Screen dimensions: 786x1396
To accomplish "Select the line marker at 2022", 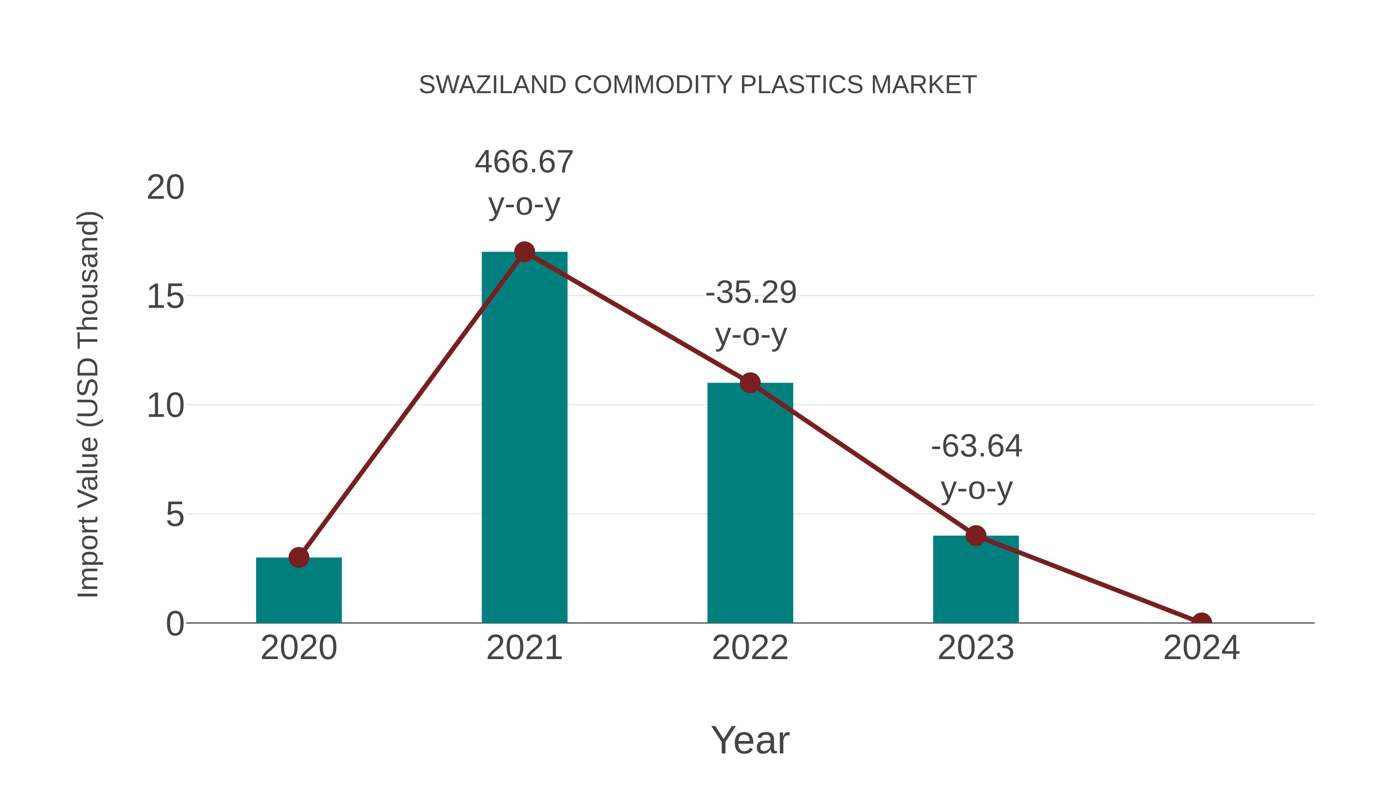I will pos(750,383).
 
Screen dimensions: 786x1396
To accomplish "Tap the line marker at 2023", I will pos(976,536).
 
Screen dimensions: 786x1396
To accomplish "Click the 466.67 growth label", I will pos(524,162).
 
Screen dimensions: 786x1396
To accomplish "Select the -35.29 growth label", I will pos(751,293).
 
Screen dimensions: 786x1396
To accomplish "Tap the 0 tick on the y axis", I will pos(175,624).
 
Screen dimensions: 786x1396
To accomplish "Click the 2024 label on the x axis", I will pos(1201,648).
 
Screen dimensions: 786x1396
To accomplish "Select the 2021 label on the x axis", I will pos(524,648).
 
